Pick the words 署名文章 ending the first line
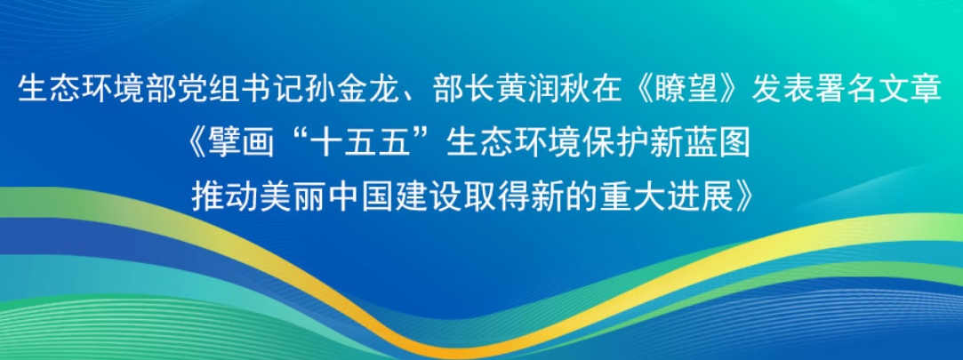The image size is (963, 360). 890,90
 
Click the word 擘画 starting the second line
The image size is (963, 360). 241,144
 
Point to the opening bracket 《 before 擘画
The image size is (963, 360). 197,144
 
